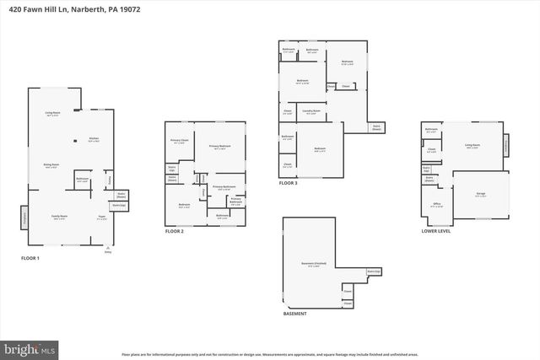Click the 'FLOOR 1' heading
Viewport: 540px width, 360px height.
click(x=30, y=258)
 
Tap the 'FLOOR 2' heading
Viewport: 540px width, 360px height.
click(x=175, y=231)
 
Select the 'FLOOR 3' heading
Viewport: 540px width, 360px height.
click(x=289, y=183)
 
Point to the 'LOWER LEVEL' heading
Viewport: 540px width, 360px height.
click(x=436, y=230)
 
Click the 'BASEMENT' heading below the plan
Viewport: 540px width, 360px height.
click(x=295, y=313)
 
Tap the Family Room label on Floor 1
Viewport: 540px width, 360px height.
click(x=59, y=216)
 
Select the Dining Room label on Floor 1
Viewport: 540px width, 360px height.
click(x=51, y=165)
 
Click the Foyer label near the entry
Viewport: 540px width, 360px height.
click(x=100, y=216)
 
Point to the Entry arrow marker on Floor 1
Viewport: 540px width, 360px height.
click(x=107, y=248)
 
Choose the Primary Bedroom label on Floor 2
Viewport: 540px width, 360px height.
click(x=220, y=148)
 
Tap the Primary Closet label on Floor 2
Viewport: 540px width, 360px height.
click(x=179, y=141)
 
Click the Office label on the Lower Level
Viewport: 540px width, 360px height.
click(x=437, y=204)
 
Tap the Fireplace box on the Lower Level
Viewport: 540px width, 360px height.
click(x=506, y=145)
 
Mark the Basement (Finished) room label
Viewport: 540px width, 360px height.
click(x=310, y=265)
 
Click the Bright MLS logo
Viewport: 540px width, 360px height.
click(x=30, y=347)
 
